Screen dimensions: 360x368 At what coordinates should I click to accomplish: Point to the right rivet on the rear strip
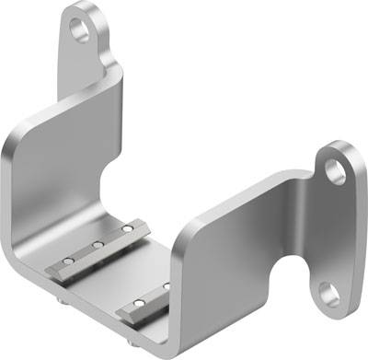(x=127, y=227)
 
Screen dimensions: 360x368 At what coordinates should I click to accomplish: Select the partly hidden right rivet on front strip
(x=167, y=286)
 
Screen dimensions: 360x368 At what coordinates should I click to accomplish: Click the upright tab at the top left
(x=87, y=51)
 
